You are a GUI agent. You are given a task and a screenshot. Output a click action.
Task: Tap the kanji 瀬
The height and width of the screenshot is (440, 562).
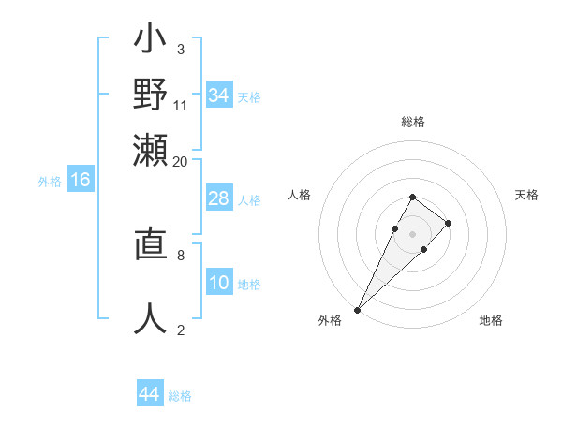tap(150, 150)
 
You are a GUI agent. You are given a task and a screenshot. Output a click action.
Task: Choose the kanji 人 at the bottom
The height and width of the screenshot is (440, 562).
tap(150, 318)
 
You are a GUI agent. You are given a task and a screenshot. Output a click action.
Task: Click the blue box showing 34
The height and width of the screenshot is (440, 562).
tap(219, 95)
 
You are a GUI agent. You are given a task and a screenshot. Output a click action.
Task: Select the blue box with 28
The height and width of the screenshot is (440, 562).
tap(219, 198)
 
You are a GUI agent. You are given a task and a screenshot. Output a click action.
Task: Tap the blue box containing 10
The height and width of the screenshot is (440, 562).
tap(219, 283)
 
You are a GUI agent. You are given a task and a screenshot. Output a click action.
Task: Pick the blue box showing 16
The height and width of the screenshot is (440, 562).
tap(81, 181)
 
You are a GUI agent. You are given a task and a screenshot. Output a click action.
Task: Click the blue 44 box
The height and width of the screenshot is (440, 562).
tap(150, 395)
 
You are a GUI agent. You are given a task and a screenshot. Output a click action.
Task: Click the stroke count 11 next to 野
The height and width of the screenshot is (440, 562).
tap(181, 105)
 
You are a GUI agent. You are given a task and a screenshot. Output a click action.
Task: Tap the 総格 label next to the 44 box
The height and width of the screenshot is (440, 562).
tap(180, 396)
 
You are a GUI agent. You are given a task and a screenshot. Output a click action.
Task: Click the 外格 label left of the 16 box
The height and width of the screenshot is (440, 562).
tap(50, 182)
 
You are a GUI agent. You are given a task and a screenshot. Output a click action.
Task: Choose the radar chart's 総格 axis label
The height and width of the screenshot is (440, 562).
tap(412, 122)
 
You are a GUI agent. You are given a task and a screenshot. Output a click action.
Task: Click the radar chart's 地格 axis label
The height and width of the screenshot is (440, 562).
tap(491, 320)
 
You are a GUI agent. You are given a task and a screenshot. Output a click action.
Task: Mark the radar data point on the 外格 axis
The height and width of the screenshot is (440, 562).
tap(358, 309)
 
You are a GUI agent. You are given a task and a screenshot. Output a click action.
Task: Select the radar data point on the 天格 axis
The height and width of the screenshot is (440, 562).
tap(449, 223)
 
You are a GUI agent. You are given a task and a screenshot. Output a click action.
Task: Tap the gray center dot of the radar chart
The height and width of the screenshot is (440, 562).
tap(412, 233)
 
